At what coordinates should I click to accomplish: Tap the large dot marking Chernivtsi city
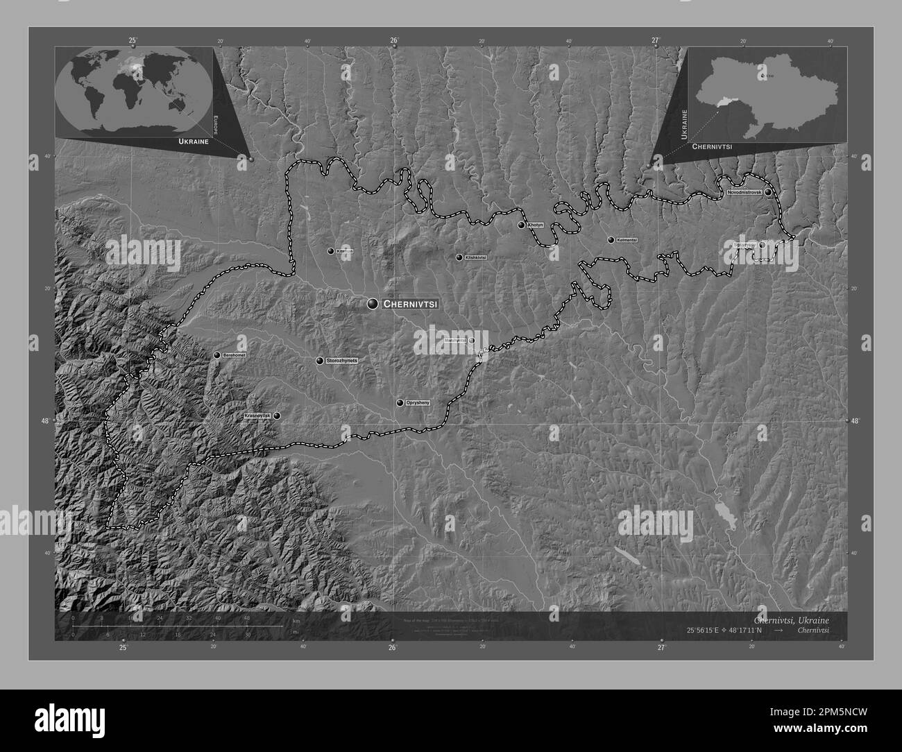[x=373, y=303]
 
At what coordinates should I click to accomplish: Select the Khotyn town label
[x=535, y=225]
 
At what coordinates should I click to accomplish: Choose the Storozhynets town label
[x=341, y=361]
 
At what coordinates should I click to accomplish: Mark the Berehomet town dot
[x=217, y=355]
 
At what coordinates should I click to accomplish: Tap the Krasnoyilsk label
[x=257, y=416]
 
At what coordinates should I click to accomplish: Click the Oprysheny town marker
[x=400, y=402]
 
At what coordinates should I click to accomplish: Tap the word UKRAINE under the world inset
[x=194, y=142]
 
